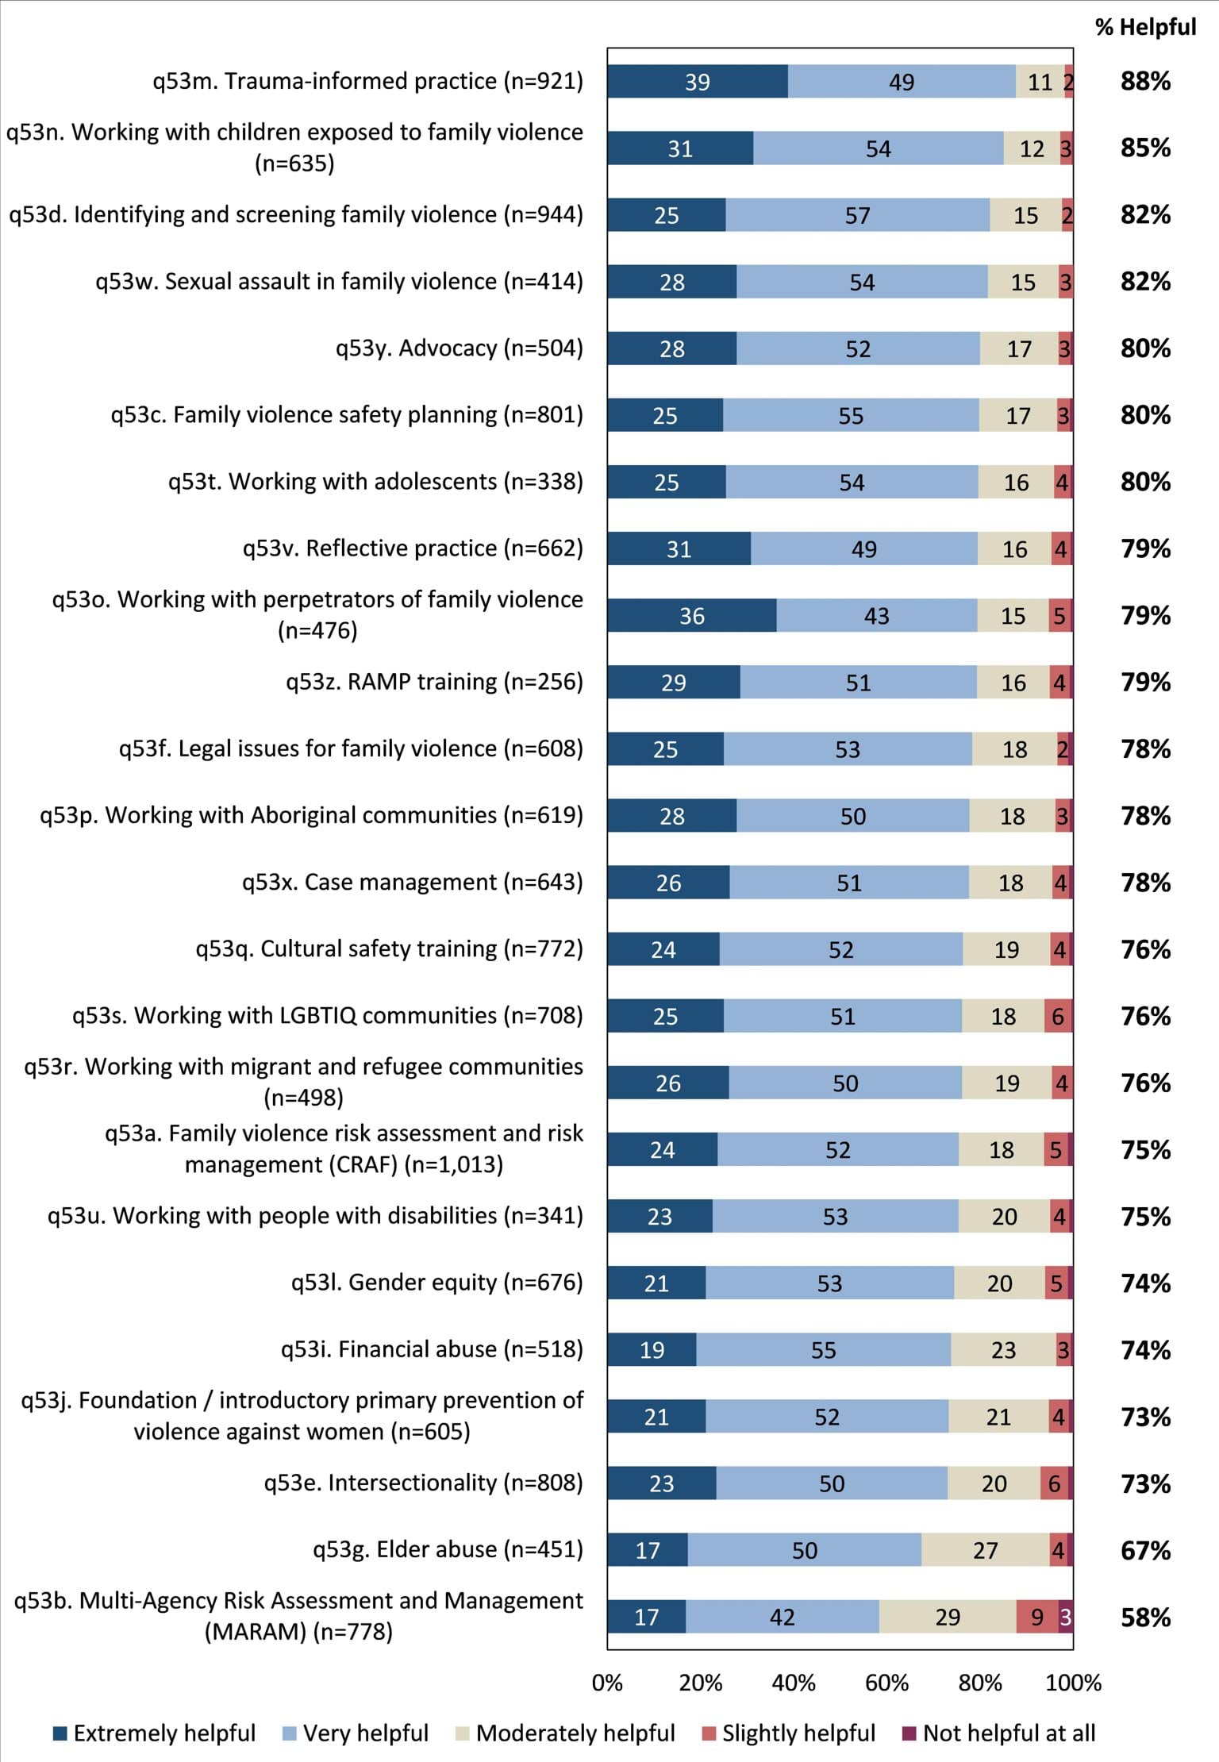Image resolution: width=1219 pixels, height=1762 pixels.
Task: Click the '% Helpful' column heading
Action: pos(1145,27)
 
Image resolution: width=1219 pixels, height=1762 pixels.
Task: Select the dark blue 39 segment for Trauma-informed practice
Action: pos(698,82)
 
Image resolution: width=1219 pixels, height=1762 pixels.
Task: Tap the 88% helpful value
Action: pos(1145,81)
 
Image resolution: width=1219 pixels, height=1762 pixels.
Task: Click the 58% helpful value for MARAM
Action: pos(1145,1617)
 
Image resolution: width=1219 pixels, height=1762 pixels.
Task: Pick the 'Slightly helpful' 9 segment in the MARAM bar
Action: pos(1036,1617)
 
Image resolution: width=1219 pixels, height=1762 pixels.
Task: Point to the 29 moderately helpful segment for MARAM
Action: pos(948,1617)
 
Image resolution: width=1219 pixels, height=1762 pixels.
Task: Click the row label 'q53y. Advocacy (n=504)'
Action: pos(459,348)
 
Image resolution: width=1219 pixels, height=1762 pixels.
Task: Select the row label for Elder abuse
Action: pos(448,1549)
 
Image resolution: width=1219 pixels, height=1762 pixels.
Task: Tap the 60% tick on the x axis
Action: pos(886,1683)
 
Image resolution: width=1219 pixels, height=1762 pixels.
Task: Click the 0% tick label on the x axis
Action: pos(607,1683)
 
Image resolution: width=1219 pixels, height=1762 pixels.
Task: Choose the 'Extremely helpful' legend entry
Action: pos(155,1733)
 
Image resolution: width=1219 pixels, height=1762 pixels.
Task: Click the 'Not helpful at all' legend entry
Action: pos(999,1733)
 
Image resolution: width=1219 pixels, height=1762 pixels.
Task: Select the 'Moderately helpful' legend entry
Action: pos(566,1733)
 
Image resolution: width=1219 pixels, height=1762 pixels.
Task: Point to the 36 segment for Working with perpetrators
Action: pos(692,616)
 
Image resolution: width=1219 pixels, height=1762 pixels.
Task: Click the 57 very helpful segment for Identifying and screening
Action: pos(857,215)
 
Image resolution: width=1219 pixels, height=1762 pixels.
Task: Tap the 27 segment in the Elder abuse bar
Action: pos(985,1550)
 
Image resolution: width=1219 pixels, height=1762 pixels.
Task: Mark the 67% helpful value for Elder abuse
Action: pos(1145,1549)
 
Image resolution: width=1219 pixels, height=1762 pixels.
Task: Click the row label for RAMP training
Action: pos(434,682)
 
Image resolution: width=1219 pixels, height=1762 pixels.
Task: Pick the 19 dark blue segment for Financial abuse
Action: pos(652,1350)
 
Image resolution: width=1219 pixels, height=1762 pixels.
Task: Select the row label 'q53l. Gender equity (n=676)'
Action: pos(436,1283)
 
